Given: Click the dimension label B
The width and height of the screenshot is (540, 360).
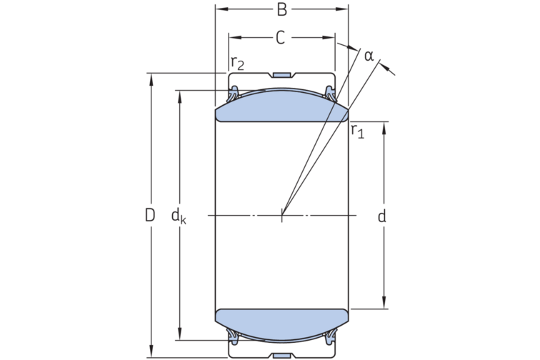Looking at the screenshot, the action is [281, 10].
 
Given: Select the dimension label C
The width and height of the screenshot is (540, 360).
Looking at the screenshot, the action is [281, 38].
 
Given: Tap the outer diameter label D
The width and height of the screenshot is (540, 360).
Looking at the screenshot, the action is [150, 215].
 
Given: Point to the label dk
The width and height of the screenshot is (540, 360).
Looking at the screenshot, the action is [179, 216].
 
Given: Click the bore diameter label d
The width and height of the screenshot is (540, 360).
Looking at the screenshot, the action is [382, 216].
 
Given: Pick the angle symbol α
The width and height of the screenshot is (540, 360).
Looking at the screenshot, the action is [369, 56].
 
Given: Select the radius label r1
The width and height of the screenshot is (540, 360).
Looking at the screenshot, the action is [357, 131].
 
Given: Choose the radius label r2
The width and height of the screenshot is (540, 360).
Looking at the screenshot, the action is [237, 63].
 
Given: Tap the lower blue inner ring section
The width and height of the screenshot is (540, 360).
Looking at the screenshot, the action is [281, 325].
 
